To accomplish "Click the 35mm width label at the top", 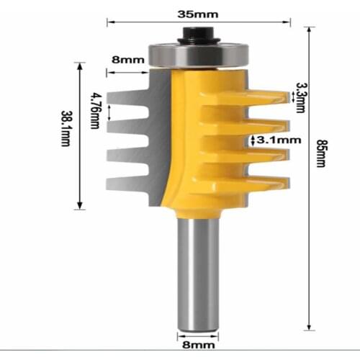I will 200,12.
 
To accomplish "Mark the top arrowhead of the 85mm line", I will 308,30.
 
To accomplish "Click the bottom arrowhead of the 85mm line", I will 308,323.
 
